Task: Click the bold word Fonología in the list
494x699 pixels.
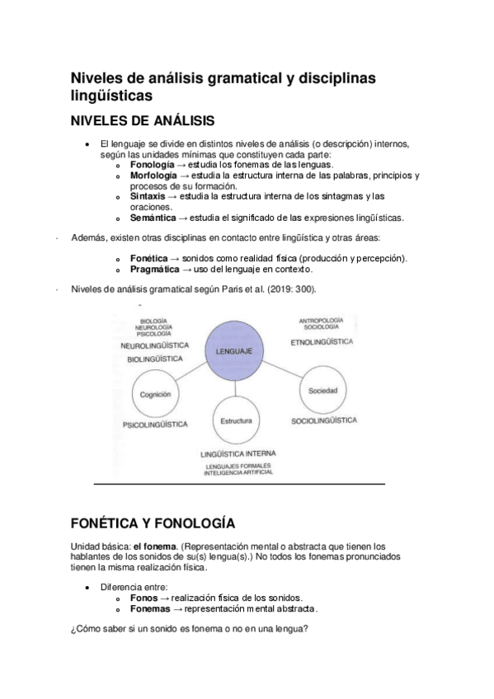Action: pos(153,165)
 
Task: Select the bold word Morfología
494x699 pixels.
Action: pos(153,176)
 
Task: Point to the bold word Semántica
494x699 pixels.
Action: pos(153,218)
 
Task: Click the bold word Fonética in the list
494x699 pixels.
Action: pos(149,259)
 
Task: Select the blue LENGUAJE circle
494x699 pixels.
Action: pos(234,351)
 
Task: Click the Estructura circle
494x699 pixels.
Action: pos(236,421)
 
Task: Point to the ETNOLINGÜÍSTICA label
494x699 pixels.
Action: pos(322,341)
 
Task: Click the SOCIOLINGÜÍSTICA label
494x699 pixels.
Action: pos(324,420)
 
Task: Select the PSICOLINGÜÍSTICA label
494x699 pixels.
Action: pos(154,425)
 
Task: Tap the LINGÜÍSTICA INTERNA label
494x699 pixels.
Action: pos(238,453)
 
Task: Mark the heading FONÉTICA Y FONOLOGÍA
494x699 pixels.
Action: pos(153,523)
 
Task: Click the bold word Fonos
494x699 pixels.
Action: pos(143,598)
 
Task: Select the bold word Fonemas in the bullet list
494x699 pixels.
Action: pos(150,608)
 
